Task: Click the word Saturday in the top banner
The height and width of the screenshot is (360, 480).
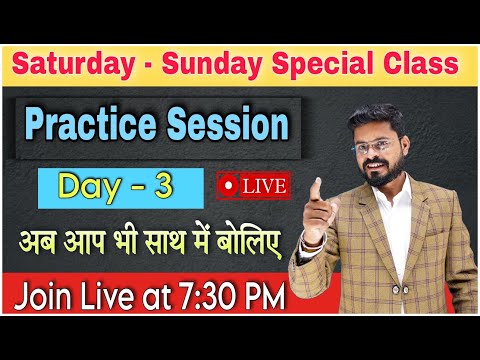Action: click(73, 65)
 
